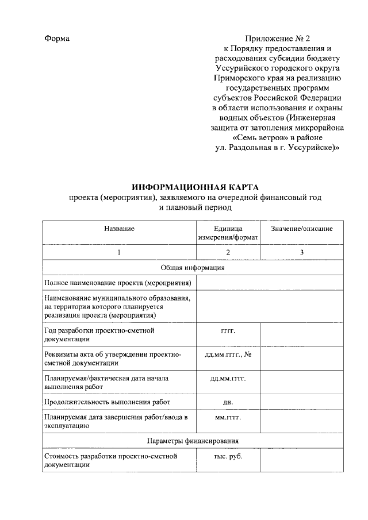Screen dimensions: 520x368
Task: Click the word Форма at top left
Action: click(57, 38)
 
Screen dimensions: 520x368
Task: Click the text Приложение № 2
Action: click(277, 38)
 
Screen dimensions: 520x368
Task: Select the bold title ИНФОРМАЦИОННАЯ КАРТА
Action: click(195, 188)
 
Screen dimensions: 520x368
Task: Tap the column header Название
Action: click(119, 229)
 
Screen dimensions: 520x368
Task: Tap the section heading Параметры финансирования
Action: click(193, 441)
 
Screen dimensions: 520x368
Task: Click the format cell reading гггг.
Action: click(228, 332)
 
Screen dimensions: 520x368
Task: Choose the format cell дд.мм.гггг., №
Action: click(229, 355)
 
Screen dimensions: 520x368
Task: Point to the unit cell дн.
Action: click(228, 402)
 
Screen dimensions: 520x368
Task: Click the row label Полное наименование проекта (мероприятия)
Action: click(118, 283)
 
